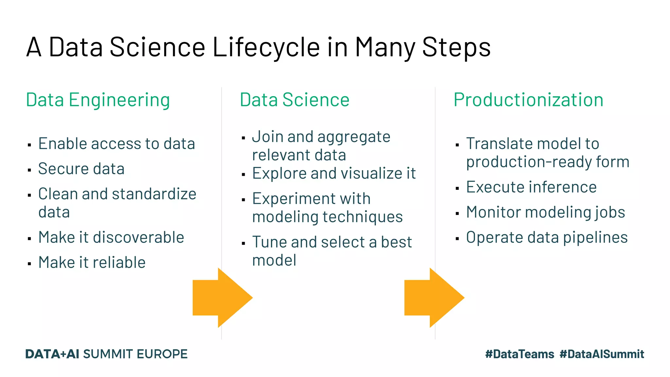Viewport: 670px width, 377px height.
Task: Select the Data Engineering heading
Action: point(98,100)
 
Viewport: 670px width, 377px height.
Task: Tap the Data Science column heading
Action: point(294,100)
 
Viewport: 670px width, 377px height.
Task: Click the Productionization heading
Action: point(528,100)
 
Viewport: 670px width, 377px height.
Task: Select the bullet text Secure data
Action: point(81,169)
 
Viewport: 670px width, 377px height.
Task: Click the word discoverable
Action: point(138,237)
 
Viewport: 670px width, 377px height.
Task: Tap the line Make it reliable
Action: point(92,262)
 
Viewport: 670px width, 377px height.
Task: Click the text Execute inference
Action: point(531,187)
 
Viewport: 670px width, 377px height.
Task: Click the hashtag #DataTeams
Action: point(520,354)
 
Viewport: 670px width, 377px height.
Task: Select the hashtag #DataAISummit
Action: point(602,354)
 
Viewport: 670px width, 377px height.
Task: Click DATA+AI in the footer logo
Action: point(52,354)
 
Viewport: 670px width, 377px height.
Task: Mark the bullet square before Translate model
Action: point(457,145)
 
